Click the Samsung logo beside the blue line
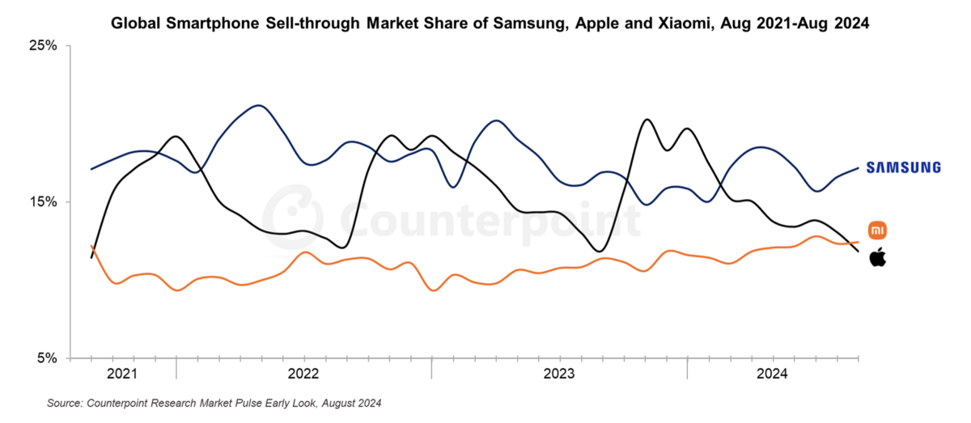coord(903,167)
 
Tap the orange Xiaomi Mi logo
coord(877,231)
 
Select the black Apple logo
coord(877,258)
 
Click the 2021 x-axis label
coord(122,374)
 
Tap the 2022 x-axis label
coord(303,374)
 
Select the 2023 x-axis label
coord(559,374)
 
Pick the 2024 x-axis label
coord(772,374)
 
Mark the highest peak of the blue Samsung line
coord(258,105)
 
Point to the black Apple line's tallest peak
coord(647,120)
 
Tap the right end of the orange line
coord(858,242)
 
